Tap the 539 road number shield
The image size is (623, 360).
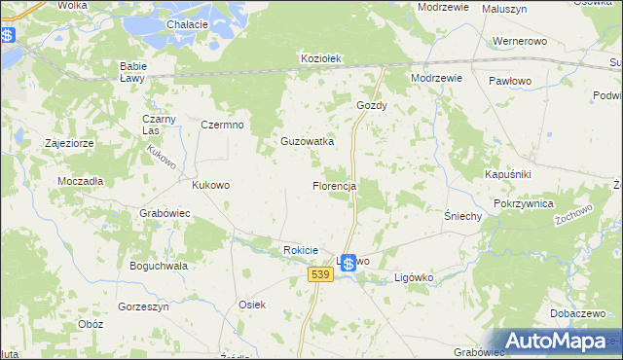322,275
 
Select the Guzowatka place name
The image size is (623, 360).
307,141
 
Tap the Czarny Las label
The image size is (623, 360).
157,125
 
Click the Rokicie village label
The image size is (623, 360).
301,250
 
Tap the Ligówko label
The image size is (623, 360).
420,277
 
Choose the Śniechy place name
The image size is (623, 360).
462,216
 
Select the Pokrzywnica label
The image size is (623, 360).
523,203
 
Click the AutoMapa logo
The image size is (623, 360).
555,341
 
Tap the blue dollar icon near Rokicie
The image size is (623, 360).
348,263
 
